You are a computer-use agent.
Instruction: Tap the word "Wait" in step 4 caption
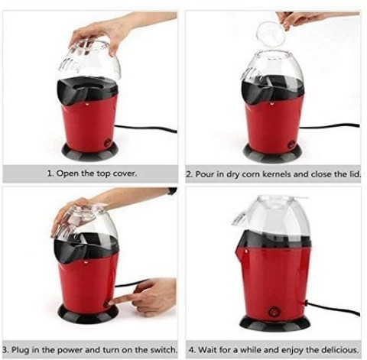[206, 349]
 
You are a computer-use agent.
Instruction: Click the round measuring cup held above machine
[271, 35]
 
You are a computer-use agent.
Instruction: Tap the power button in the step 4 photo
[274, 311]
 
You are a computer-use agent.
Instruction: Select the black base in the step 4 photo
[275, 323]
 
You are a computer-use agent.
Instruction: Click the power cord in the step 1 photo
[145, 128]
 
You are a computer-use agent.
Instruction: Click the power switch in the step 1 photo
[109, 142]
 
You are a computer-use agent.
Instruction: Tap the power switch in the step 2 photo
[291, 144]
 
